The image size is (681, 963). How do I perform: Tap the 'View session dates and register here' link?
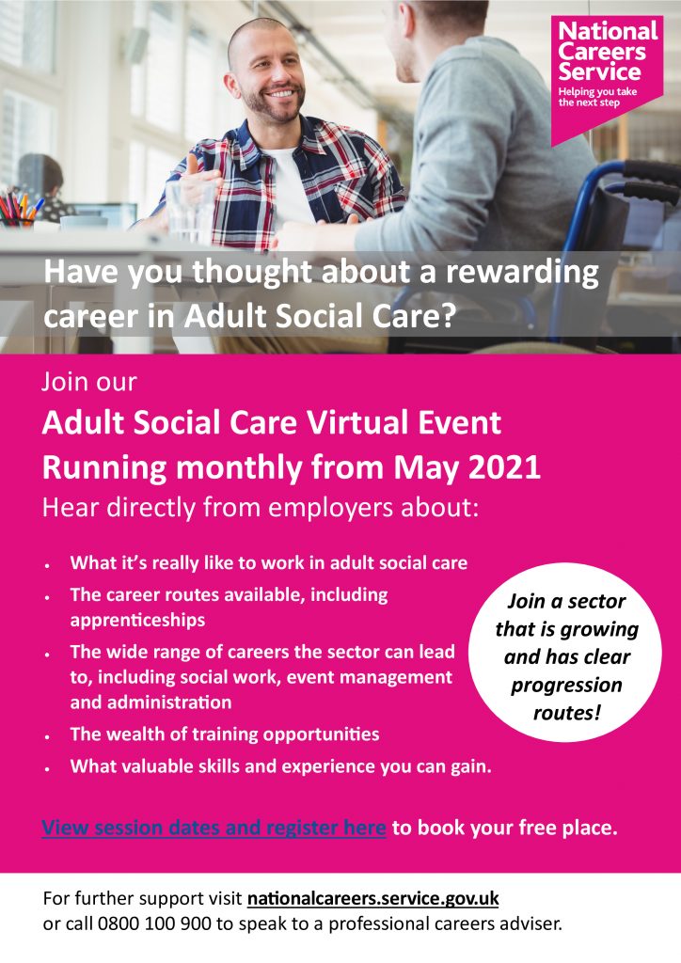214,828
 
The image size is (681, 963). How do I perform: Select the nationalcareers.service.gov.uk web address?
373,898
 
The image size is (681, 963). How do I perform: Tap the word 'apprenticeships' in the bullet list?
137,621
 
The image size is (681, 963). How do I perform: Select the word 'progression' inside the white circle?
566,685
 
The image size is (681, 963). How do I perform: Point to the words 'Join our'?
89,382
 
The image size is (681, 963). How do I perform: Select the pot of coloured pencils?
19,210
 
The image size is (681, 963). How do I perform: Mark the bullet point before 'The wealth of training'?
47,735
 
